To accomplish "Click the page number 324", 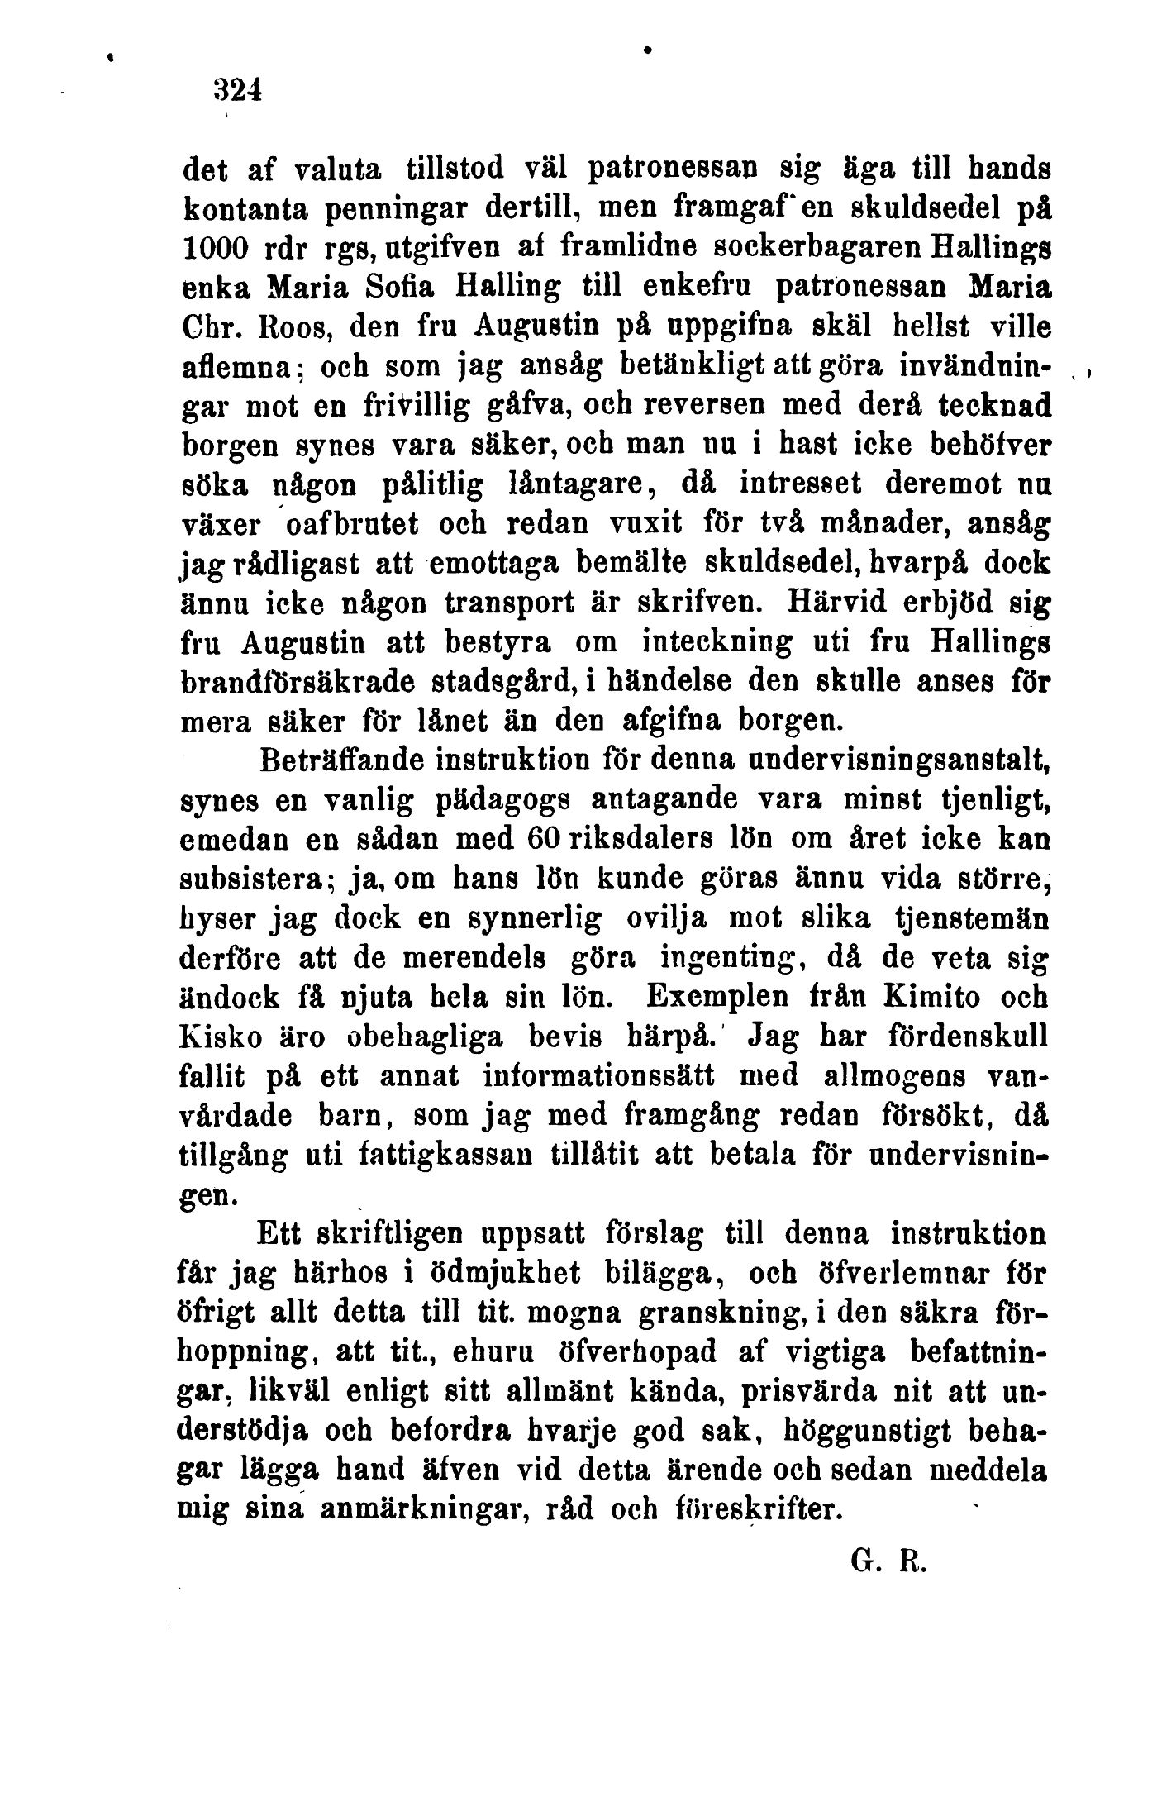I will (237, 88).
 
